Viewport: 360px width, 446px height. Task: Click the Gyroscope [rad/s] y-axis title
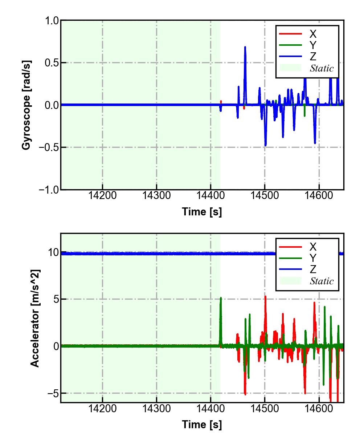click(26, 105)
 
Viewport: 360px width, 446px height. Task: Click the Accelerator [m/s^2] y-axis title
click(35, 318)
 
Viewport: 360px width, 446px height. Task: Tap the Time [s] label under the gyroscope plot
click(202, 211)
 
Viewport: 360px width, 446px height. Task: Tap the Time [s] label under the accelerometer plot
click(202, 424)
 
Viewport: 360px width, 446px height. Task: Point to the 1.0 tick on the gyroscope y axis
click(52, 21)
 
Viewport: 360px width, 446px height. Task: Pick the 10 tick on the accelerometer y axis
click(53, 252)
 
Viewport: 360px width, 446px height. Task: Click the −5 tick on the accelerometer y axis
click(52, 393)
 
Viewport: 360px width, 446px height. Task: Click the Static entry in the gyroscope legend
click(322, 68)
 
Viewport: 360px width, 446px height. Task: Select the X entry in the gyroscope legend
click(312, 34)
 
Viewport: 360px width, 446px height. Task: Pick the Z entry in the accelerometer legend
click(312, 269)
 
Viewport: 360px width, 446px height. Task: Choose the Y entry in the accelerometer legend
click(312, 258)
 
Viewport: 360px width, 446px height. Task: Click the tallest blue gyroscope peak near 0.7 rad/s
click(245, 47)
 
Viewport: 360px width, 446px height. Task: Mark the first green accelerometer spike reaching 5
click(221, 299)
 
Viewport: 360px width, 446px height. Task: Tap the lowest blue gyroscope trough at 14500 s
click(266, 145)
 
